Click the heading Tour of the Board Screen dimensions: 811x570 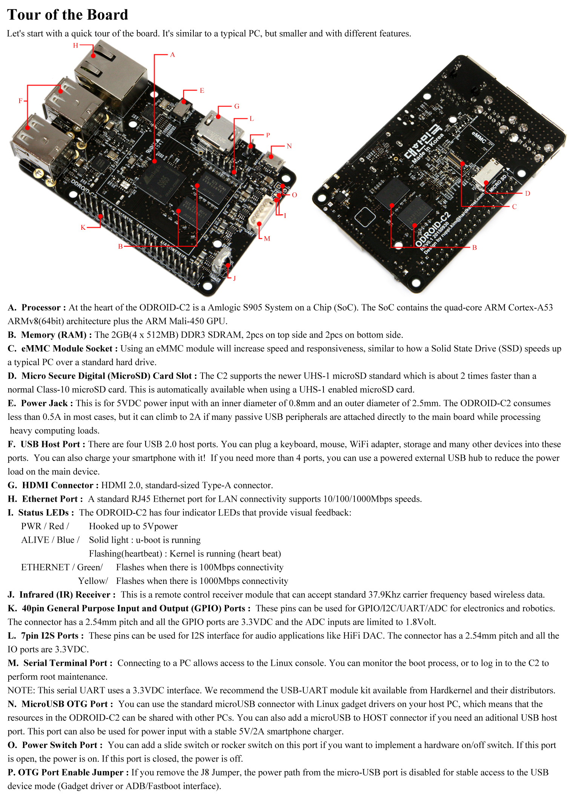pyautogui.click(x=68, y=15)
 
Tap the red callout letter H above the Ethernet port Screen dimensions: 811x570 pyautogui.click(x=75, y=46)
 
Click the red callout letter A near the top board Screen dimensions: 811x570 pyautogui.click(x=173, y=55)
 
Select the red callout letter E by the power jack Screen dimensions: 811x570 pyautogui.click(x=202, y=91)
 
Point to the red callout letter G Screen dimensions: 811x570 pyautogui.click(x=237, y=106)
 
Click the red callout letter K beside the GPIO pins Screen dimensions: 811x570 pyautogui.click(x=83, y=227)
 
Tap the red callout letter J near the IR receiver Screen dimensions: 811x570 pyautogui.click(x=234, y=278)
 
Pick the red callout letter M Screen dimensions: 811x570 pyautogui.click(x=267, y=238)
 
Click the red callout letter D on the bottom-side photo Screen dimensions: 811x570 pyautogui.click(x=528, y=194)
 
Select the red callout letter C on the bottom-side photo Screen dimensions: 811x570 pyautogui.click(x=514, y=207)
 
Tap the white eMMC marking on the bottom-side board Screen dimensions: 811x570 pyautogui.click(x=479, y=138)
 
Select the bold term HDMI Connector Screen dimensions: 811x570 pyautogui.click(x=58, y=485)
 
